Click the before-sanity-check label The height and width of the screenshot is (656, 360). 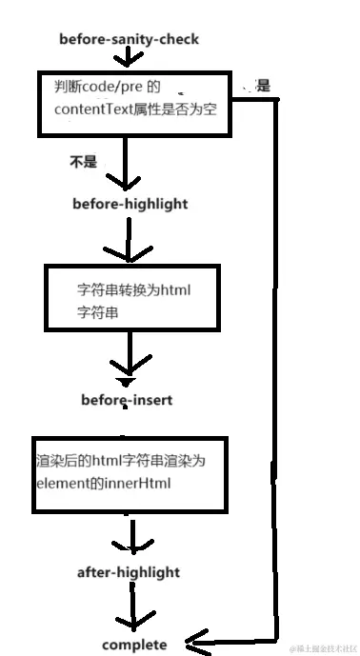point(129,40)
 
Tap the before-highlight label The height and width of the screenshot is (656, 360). point(130,204)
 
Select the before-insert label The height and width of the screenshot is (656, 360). point(127,400)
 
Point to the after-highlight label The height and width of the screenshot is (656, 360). point(129,572)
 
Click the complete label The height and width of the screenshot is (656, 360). point(134,645)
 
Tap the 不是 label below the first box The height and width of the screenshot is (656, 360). point(84,162)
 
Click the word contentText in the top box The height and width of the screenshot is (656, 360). point(91,110)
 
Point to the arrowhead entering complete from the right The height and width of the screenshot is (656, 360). point(195,641)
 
